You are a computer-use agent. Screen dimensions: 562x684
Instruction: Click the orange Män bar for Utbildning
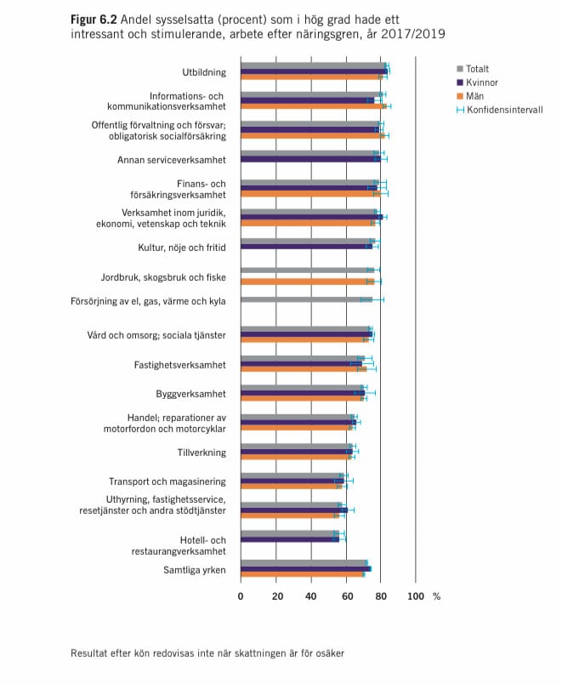click(x=312, y=77)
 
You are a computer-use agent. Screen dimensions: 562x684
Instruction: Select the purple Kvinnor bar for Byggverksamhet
click(x=303, y=393)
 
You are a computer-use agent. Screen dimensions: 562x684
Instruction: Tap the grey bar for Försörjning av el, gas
click(x=306, y=299)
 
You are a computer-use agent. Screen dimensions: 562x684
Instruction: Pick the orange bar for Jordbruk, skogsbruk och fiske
click(x=308, y=282)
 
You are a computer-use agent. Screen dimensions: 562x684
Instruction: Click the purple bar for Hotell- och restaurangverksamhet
click(x=290, y=539)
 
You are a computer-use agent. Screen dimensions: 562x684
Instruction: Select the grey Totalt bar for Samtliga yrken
click(x=304, y=562)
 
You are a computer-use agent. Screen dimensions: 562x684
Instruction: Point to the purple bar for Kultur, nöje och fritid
click(x=306, y=247)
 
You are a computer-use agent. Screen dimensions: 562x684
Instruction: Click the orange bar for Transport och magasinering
click(x=292, y=487)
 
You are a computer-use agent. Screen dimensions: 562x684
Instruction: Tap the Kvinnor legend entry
click(x=477, y=83)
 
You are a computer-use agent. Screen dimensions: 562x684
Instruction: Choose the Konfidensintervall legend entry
click(x=500, y=110)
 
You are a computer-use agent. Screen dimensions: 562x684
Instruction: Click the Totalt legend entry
click(x=473, y=69)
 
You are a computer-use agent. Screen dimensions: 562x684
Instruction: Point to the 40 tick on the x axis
click(x=311, y=596)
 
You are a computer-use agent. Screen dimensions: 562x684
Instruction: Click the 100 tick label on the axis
click(x=416, y=596)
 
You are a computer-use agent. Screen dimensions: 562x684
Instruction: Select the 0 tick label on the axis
click(x=241, y=596)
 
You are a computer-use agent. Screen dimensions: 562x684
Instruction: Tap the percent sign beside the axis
click(x=436, y=596)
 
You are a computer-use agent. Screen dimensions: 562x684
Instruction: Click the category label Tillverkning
click(x=202, y=453)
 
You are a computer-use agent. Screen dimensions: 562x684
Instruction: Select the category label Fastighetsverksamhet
click(x=180, y=365)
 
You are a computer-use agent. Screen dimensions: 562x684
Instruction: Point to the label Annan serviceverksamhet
click(x=172, y=160)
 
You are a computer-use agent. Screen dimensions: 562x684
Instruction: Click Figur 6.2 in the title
click(x=94, y=20)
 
